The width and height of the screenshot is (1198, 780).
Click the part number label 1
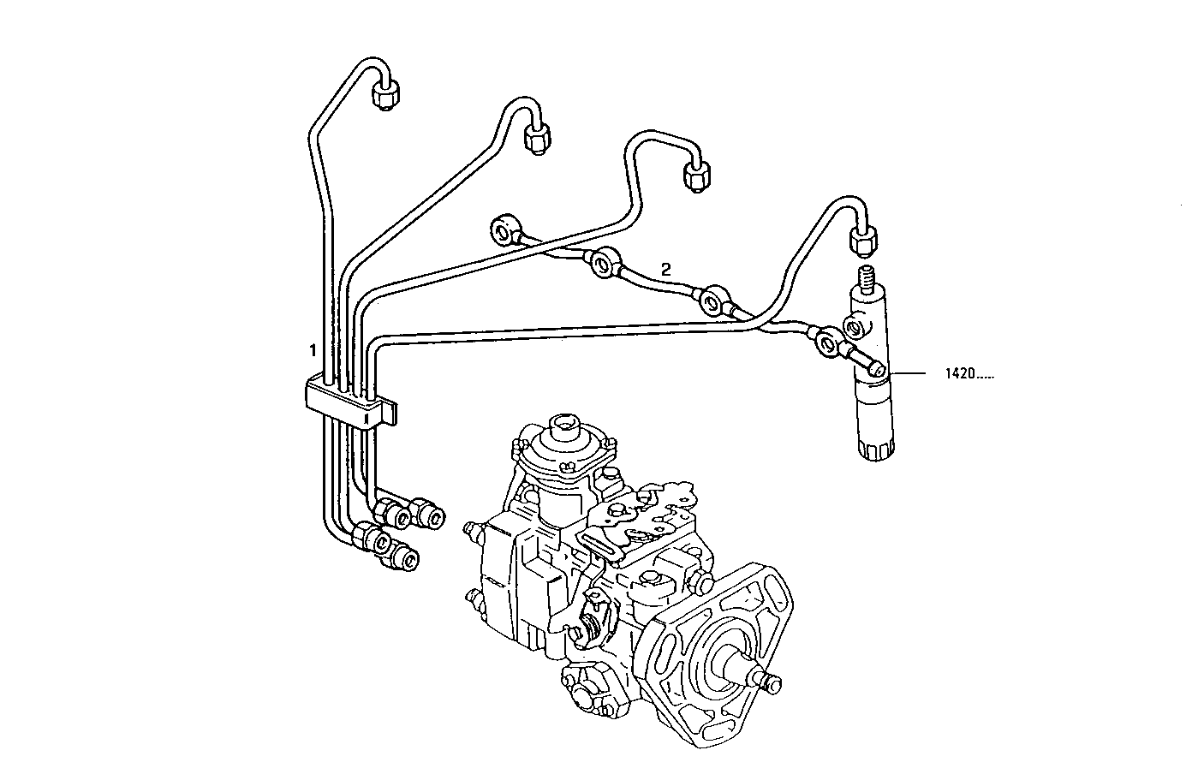(x=313, y=350)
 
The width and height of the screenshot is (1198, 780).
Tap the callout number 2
(x=666, y=269)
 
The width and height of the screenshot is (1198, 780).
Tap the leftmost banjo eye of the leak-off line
(x=503, y=229)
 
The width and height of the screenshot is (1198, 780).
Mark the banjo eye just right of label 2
(x=712, y=301)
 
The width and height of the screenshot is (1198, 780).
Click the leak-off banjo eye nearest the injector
(x=827, y=343)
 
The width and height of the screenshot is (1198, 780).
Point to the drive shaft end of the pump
(x=769, y=682)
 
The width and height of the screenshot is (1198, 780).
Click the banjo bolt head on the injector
(x=874, y=369)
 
